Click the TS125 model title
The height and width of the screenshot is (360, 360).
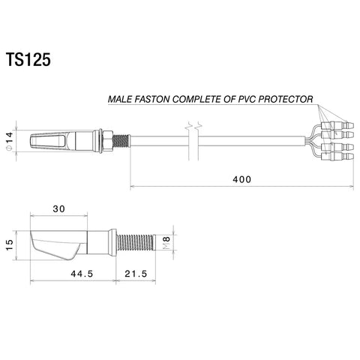click(28, 60)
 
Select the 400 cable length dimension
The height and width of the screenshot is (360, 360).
click(241, 179)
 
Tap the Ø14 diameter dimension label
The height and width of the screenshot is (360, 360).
click(9, 141)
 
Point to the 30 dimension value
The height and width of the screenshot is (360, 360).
click(59, 208)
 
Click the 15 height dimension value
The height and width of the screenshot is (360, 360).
click(9, 245)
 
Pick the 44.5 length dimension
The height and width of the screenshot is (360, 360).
click(82, 274)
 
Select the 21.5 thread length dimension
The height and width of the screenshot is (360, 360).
click(136, 274)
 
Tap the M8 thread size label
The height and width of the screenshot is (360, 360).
click(166, 242)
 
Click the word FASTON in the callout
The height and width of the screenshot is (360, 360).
click(152, 99)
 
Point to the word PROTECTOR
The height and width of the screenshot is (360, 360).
click(286, 99)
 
